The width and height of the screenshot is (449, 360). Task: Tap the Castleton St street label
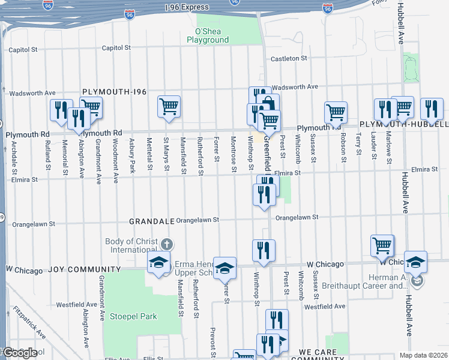[x=289, y=59]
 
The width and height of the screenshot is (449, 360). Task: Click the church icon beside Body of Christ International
[x=167, y=244]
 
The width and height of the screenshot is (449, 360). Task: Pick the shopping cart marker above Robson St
[x=336, y=112]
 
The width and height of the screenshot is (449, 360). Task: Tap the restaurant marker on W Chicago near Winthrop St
[x=264, y=250]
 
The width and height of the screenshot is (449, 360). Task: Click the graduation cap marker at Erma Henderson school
[x=159, y=262]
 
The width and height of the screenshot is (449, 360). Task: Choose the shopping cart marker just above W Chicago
[x=382, y=245]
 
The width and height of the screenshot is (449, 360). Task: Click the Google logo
[x=19, y=353]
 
